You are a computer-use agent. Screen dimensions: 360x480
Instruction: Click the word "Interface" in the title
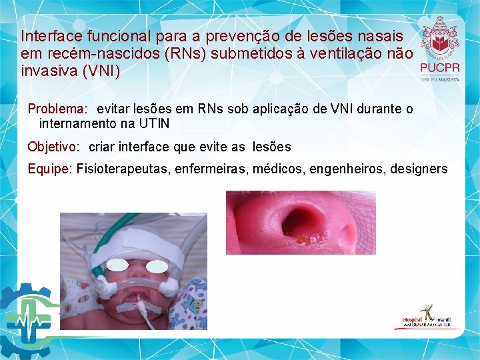tap(47, 35)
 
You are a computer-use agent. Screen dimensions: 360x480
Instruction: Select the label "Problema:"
tap(57, 109)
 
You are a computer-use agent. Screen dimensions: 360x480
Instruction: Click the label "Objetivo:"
tap(54, 147)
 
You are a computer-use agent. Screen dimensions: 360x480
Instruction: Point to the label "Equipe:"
tap(49, 169)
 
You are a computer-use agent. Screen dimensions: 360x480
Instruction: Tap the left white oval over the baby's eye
tap(118, 265)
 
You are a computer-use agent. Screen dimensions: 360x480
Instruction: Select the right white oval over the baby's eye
tap(157, 266)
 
